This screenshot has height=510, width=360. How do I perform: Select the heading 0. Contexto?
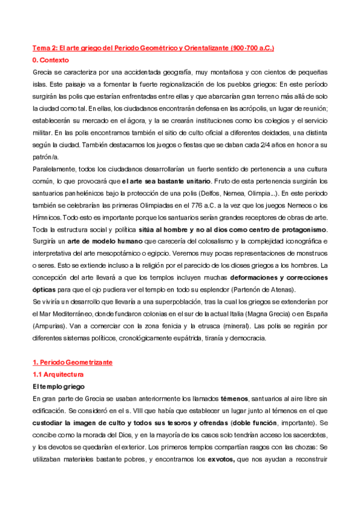point(51,60)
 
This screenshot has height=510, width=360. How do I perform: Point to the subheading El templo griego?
point(59,386)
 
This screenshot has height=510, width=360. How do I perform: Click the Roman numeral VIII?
point(126,410)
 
